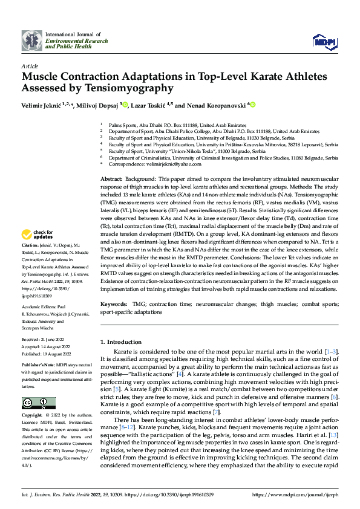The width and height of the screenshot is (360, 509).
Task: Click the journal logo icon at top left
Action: pos(32,41)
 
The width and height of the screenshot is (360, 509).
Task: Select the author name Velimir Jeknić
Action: pos(41,105)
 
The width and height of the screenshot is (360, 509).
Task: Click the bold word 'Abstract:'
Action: pos(111,180)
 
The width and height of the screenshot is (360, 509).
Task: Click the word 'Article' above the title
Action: pos(30,66)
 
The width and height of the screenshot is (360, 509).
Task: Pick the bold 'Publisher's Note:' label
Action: pos(39,366)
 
